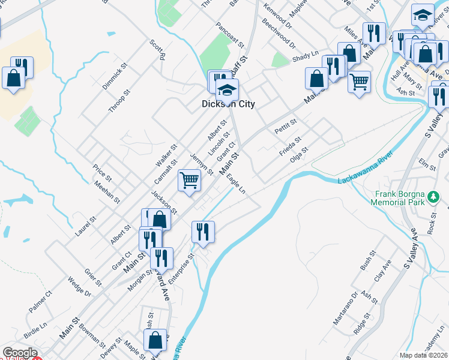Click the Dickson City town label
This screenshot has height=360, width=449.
click(x=228, y=104)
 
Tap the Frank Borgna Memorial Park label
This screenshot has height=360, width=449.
click(x=408, y=198)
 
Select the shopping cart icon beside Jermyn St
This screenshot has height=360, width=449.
click(x=190, y=179)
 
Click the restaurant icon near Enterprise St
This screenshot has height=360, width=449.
click(x=203, y=231)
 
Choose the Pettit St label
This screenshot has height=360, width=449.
click(x=285, y=127)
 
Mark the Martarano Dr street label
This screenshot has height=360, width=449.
click(x=346, y=308)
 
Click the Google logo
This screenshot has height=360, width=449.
click(x=20, y=353)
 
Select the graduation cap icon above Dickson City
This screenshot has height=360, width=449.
click(x=227, y=90)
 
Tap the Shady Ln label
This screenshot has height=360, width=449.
click(x=305, y=57)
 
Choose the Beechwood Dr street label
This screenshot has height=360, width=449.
click(x=279, y=35)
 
